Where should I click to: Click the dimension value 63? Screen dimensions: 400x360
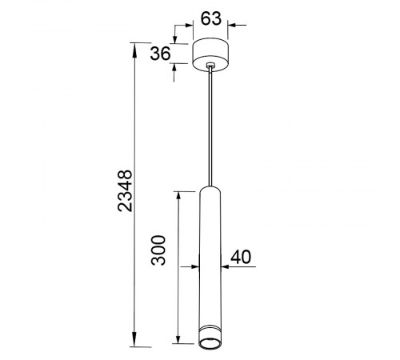[x=211, y=18]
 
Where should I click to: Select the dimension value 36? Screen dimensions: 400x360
[x=160, y=54]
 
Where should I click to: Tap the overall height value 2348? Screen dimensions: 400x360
[x=125, y=190]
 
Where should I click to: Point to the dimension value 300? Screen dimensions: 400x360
[x=158, y=250]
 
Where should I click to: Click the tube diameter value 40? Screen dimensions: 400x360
[x=241, y=257]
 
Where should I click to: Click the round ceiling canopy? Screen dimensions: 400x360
[x=210, y=54]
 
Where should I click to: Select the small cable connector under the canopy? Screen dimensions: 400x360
[x=210, y=65]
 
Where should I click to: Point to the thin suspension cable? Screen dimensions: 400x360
[x=210, y=126]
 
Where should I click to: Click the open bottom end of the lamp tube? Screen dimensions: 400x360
[x=210, y=344]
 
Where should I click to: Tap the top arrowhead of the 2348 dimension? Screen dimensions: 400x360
[x=134, y=50]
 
